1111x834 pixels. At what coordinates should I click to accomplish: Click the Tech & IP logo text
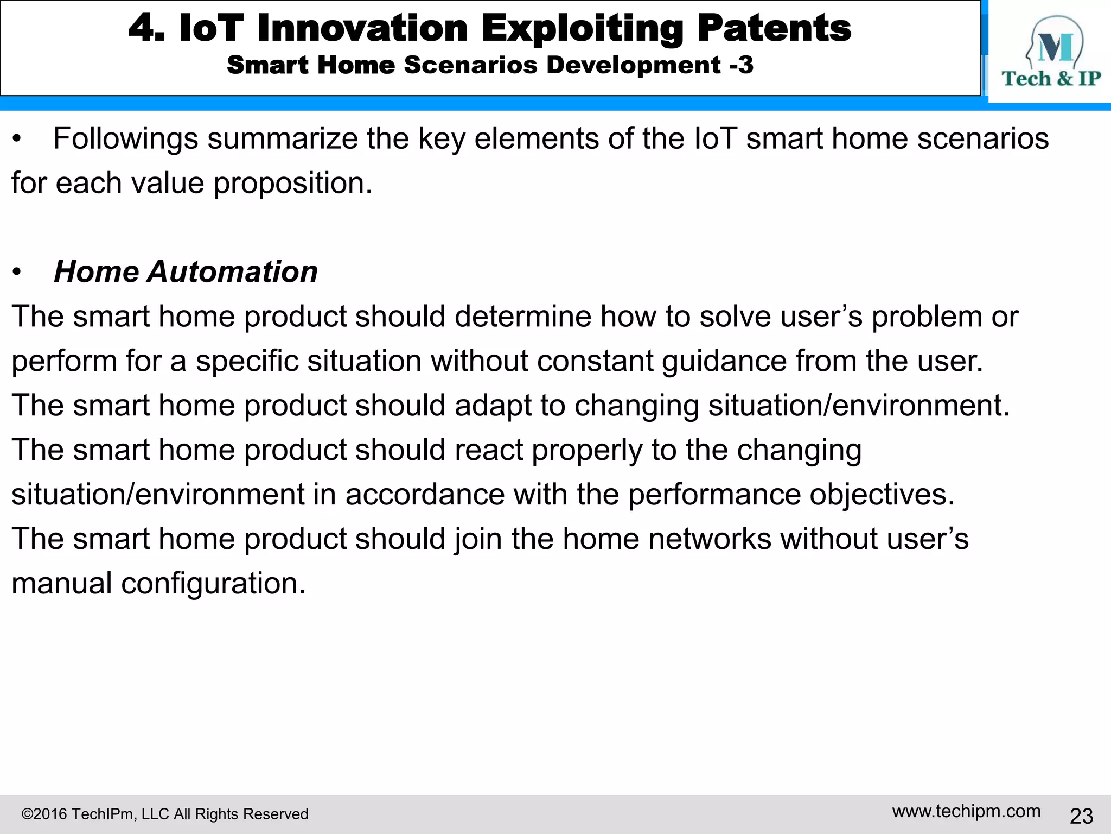coord(1051,79)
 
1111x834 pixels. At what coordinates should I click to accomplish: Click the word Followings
coord(125,139)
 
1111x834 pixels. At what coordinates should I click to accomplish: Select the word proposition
coord(293,184)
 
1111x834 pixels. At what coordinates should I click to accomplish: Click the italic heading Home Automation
coord(186,271)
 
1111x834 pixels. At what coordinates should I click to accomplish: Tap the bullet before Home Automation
coord(17,272)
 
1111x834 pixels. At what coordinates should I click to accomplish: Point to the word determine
coord(522,317)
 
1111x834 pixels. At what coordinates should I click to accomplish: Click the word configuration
coord(213,584)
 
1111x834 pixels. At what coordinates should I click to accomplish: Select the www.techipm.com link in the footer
coord(966,811)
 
